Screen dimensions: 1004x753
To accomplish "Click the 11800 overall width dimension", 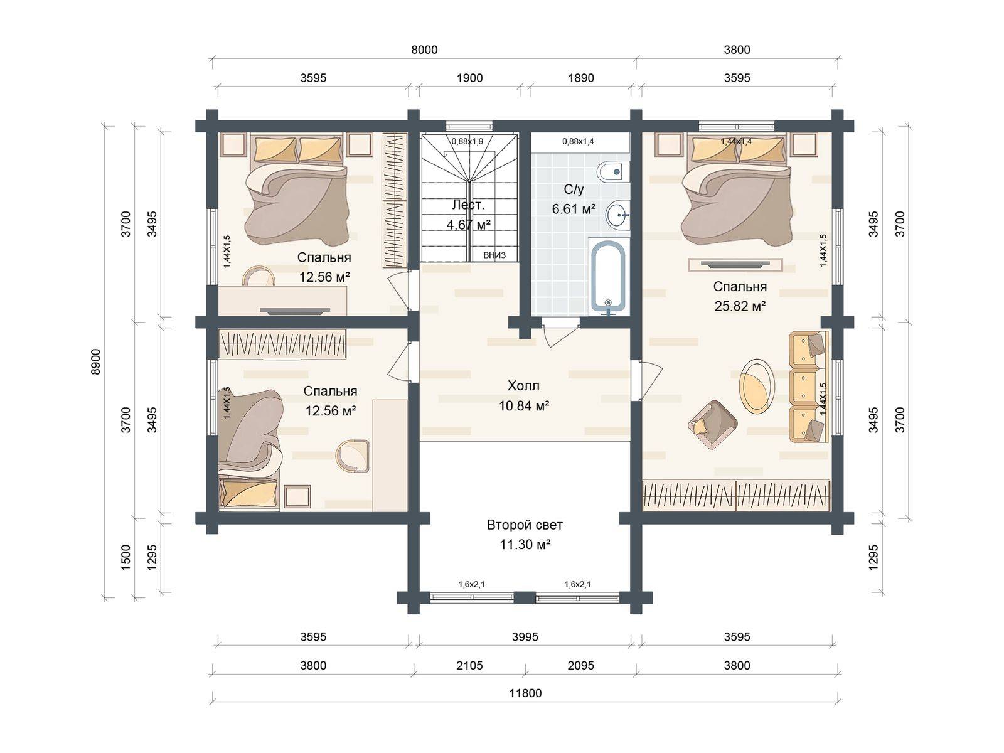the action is coord(525,693).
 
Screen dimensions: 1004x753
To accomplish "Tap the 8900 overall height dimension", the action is coord(95,361).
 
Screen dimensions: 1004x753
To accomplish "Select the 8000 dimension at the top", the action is coord(424,50).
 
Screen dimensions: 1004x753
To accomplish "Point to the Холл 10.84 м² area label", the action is coord(524,395).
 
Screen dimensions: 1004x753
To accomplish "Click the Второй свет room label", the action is coord(525,525).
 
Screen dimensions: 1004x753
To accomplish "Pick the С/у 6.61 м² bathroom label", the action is coord(574,200).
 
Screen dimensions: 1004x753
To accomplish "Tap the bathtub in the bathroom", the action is coord(608,277).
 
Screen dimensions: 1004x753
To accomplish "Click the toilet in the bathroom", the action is coord(612,171).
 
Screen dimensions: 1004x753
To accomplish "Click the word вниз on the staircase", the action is coord(494,255).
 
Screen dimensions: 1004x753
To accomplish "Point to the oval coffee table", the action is coord(757,387).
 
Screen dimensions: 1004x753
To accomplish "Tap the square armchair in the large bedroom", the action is coord(713,425).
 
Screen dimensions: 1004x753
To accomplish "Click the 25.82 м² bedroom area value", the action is coord(740,306).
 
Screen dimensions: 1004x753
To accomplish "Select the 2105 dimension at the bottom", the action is coord(469,666).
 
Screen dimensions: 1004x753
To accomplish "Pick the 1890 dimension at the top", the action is coord(581,78).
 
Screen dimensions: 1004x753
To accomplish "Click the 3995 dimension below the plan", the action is coord(525,637).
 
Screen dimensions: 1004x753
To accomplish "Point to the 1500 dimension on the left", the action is coord(125,557).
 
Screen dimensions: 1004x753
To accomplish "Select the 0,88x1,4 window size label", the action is coord(578,142).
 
